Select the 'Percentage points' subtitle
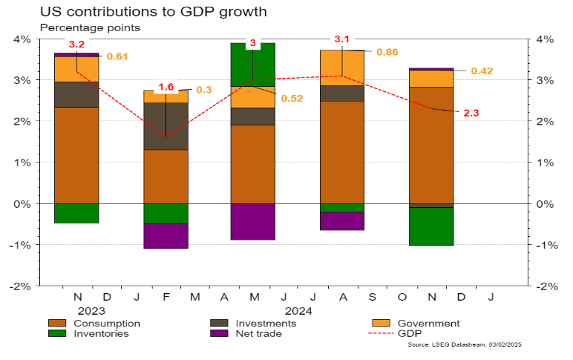[x=90, y=27]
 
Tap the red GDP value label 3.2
[x=76, y=45]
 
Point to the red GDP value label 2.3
[x=471, y=113]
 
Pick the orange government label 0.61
[x=117, y=56]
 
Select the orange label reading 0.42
[x=482, y=71]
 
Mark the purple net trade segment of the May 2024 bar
[x=253, y=221]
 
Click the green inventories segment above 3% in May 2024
[x=253, y=64]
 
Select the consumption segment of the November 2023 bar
[x=76, y=155]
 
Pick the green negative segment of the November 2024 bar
[x=431, y=226]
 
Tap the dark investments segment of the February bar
[x=166, y=126]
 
